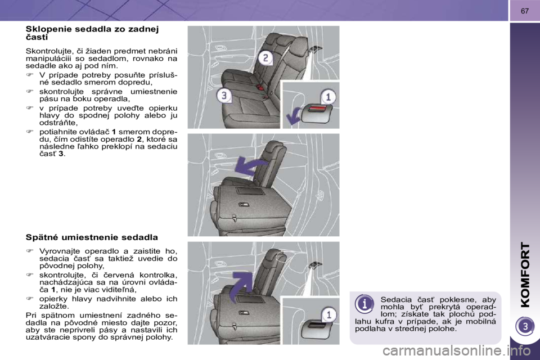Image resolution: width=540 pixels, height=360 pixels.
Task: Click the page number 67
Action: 524,11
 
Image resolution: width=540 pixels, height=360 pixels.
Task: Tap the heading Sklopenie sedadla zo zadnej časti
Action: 92,33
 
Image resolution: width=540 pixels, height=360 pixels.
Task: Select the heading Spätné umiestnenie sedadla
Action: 92,237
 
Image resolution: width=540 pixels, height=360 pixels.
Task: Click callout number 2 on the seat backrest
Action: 265,57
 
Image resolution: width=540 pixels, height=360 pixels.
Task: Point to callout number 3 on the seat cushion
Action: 224,95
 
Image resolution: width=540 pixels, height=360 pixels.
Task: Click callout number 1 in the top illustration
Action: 328,97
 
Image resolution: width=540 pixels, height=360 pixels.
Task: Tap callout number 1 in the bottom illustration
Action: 328,315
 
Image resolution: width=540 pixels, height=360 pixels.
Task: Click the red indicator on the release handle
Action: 316,109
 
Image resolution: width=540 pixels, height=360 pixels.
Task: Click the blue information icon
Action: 364,304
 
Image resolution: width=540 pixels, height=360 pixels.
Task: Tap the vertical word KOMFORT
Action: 525,274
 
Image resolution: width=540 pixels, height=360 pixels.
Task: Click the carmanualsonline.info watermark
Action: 461,352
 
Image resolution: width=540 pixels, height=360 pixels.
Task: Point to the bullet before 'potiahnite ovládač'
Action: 30,132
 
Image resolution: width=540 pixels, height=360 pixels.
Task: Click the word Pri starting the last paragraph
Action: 31,315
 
